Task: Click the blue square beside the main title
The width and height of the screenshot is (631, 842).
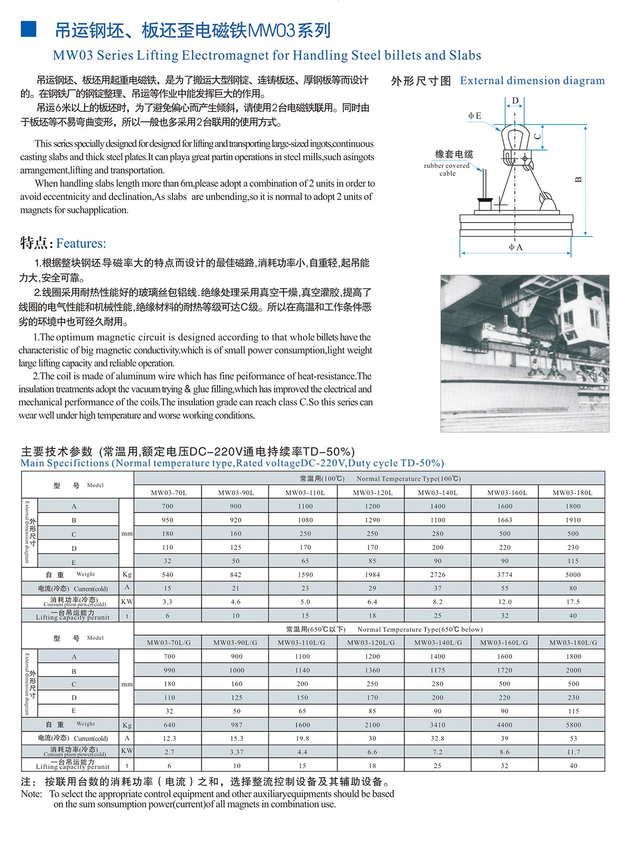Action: click(28, 30)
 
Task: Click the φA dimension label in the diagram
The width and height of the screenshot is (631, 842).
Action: click(515, 247)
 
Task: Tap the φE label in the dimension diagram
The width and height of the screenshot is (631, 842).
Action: click(474, 116)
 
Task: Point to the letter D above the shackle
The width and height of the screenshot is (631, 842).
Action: click(515, 101)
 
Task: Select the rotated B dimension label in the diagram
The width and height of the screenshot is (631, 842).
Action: click(578, 179)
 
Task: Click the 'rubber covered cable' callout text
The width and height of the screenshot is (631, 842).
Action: click(447, 169)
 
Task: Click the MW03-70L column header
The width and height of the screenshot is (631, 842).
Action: click(168, 493)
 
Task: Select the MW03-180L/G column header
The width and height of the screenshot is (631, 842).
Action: click(573, 643)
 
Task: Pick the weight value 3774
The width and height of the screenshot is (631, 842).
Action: click(505, 575)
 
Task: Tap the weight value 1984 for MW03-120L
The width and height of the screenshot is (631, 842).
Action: click(372, 575)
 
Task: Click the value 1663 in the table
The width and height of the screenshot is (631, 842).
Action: click(505, 520)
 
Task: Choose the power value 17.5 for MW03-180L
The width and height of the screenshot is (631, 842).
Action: click(573, 602)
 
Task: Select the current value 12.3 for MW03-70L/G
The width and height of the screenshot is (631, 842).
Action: click(169, 738)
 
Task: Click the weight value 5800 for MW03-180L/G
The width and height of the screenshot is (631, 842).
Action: click(573, 725)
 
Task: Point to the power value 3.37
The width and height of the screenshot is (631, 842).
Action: click(237, 752)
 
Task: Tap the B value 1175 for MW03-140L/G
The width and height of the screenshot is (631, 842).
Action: click(437, 670)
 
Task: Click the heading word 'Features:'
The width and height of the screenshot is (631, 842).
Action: click(81, 244)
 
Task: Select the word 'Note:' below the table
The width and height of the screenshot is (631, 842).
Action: click(32, 794)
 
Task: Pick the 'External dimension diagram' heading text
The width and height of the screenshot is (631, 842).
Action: click(532, 81)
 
